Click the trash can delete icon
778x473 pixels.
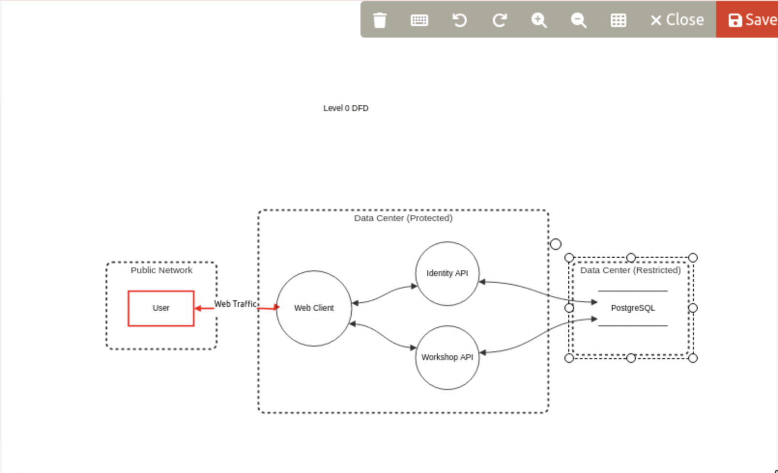[380, 20]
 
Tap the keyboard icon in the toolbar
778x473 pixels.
[419, 20]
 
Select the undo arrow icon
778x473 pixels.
[459, 20]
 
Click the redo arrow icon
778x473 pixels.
[499, 20]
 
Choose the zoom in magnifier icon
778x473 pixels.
[539, 20]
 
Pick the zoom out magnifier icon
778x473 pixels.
[578, 20]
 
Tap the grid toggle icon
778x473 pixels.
[618, 20]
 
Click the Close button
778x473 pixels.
[677, 20]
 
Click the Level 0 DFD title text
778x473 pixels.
[346, 108]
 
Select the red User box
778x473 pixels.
[161, 308]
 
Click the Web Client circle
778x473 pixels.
[314, 308]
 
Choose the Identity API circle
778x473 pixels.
[447, 273]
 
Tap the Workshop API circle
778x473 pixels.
[447, 357]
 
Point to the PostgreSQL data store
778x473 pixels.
[633, 308]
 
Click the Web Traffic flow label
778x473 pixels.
[235, 304]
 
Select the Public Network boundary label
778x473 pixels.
[161, 270]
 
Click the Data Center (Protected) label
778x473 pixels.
[403, 218]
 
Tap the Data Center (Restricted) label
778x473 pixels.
[630, 270]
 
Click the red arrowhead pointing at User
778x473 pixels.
[198, 308]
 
